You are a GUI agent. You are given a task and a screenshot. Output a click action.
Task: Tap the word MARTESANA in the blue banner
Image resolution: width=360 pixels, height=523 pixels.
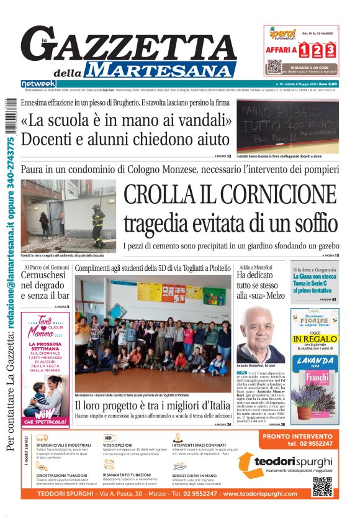coord(160,70)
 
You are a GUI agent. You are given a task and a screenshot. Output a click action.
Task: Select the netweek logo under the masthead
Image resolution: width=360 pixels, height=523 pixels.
coord(38,83)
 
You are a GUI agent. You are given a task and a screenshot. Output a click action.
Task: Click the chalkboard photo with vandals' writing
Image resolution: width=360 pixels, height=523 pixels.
coord(287,125)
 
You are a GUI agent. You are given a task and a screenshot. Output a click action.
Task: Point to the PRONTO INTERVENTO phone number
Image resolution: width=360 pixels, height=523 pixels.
coord(310,443)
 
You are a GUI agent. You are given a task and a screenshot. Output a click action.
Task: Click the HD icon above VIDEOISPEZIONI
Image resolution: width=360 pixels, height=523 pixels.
coord(108,437)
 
